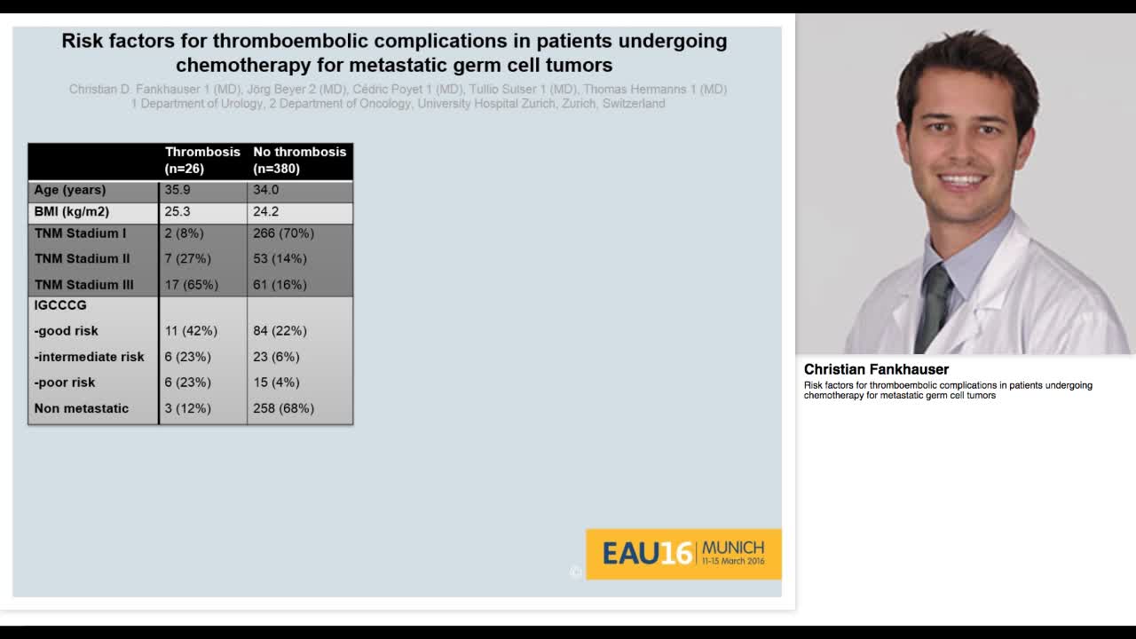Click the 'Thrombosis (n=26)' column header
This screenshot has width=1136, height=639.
pos(202,160)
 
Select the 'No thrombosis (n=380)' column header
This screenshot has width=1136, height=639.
pos(299,160)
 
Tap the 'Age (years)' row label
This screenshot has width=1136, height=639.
pos(70,190)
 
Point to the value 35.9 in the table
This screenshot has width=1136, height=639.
pos(177,190)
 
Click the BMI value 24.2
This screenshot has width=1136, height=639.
pos(265,212)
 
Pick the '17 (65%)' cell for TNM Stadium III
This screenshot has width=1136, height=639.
pos(191,285)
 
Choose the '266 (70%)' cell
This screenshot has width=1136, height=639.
pos(283,233)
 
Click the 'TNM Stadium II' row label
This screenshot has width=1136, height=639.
pos(82,259)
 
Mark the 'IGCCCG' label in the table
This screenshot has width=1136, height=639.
pos(60,305)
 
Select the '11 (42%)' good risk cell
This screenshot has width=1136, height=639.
pos(191,331)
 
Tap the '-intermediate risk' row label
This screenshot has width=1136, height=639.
pos(89,357)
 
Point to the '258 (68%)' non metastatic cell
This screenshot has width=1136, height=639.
pos(283,408)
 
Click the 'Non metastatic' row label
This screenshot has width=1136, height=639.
pos(81,408)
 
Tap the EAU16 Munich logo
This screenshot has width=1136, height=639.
pos(682,554)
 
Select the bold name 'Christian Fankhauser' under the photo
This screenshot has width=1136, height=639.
pos(876,369)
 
